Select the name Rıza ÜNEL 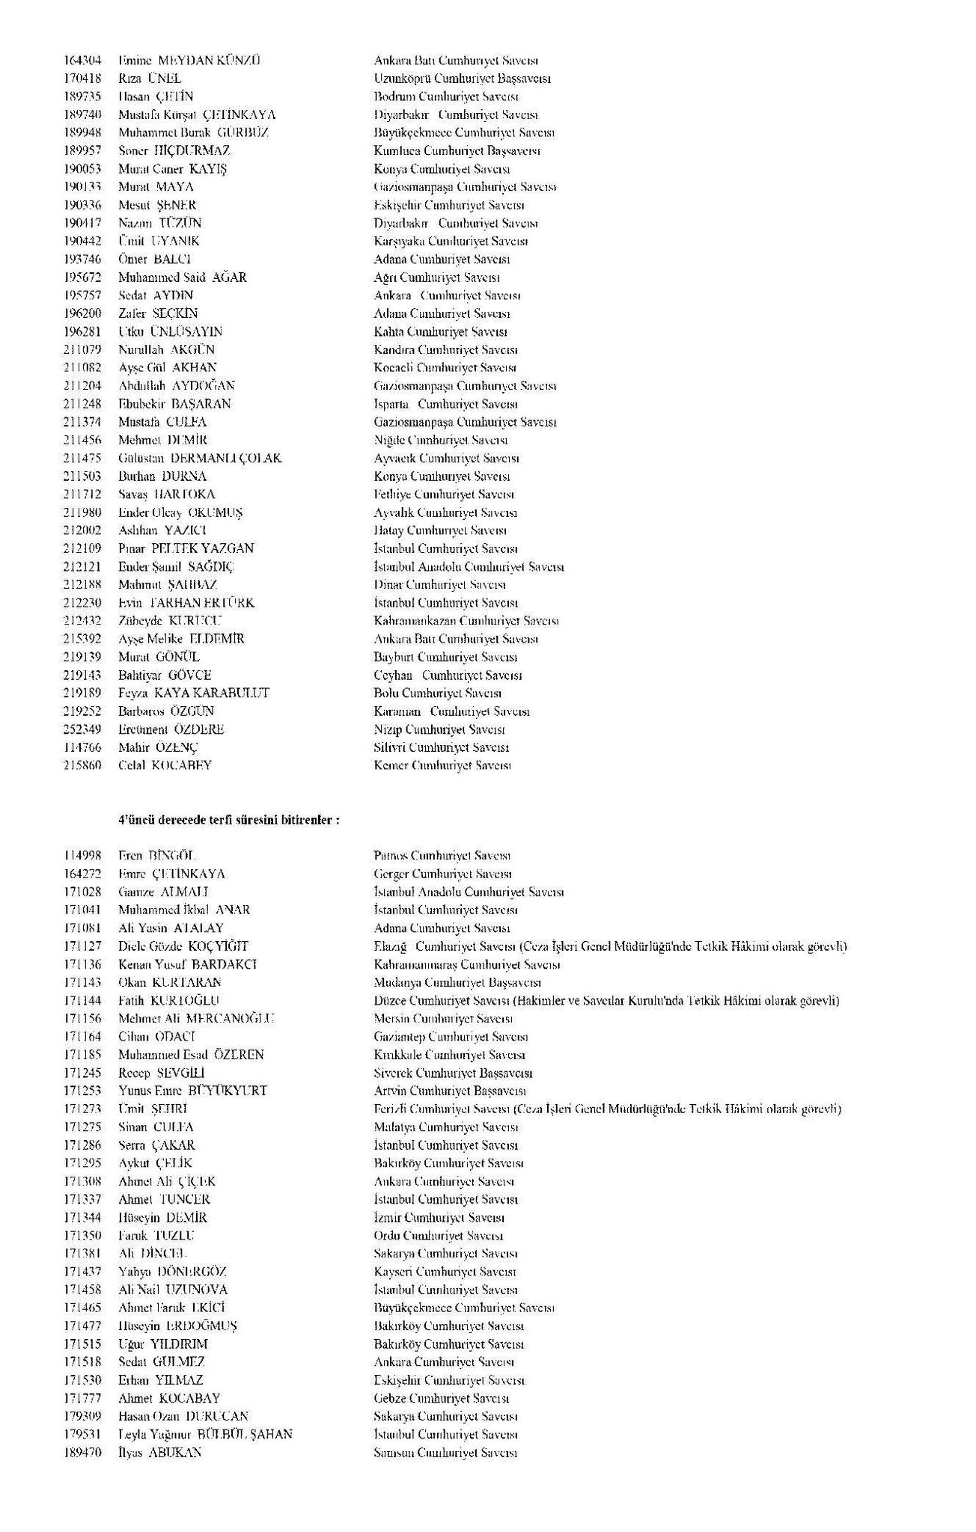(150, 79)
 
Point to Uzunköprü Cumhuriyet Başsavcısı (462, 79)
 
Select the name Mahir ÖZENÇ (158, 747)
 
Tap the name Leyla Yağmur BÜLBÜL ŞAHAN (205, 1435)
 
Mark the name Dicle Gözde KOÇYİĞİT (183, 946)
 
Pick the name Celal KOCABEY (165, 765)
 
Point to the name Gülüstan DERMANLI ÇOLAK (200, 458)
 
